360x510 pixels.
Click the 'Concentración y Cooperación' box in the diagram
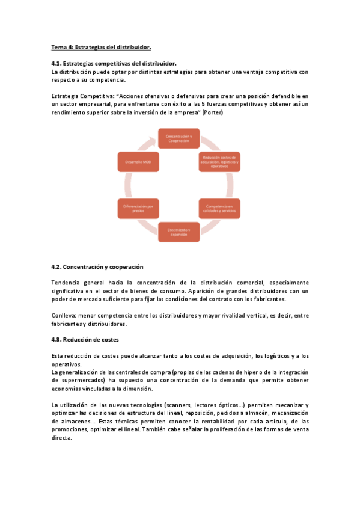(x=179, y=139)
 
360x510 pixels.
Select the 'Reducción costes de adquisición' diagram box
(x=219, y=162)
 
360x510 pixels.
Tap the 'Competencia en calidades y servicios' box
(x=219, y=208)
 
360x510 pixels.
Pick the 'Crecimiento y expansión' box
(x=179, y=232)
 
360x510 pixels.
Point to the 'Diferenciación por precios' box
(x=138, y=208)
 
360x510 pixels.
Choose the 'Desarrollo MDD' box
(x=138, y=162)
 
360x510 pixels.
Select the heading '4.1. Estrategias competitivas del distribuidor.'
(x=114, y=64)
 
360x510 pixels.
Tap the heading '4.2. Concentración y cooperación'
(x=97, y=266)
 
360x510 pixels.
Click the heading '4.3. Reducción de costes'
(x=85, y=340)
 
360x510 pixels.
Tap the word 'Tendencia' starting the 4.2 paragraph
(x=68, y=282)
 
